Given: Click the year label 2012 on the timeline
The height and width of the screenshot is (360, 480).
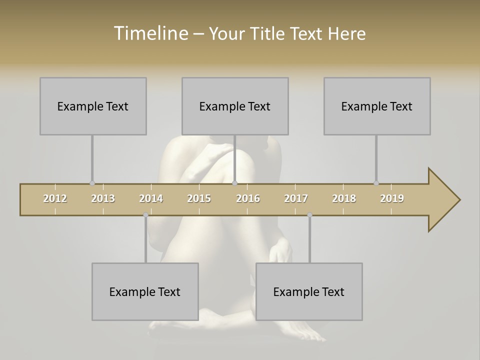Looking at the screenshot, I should [55, 198].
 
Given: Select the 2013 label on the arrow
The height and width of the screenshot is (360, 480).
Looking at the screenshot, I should [103, 198].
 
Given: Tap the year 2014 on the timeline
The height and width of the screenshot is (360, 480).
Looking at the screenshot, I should [151, 198].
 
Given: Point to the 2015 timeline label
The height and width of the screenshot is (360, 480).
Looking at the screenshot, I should [199, 198].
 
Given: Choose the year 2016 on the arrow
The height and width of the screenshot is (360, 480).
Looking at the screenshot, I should [248, 198].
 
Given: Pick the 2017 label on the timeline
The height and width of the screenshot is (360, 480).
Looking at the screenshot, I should [296, 198].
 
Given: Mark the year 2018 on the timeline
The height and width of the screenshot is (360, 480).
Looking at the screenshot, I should [344, 198].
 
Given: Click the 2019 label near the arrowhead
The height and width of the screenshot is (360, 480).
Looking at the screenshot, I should [392, 198].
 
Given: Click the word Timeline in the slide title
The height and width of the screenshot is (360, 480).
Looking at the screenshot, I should [150, 33].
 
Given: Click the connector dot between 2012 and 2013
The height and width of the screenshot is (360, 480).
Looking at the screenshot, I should [92, 183].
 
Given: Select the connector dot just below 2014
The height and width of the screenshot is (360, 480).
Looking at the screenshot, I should [145, 215].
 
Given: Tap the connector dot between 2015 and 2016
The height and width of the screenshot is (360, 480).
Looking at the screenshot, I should [234, 183].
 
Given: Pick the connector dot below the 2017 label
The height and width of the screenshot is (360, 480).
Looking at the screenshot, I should [309, 215].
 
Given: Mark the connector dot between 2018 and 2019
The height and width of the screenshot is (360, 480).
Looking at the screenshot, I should [376, 183].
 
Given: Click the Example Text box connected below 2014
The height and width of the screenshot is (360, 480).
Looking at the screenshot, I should [145, 291].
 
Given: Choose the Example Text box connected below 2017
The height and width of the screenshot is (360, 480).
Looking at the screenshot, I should [309, 291].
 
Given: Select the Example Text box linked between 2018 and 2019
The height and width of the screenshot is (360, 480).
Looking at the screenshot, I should [377, 106].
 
